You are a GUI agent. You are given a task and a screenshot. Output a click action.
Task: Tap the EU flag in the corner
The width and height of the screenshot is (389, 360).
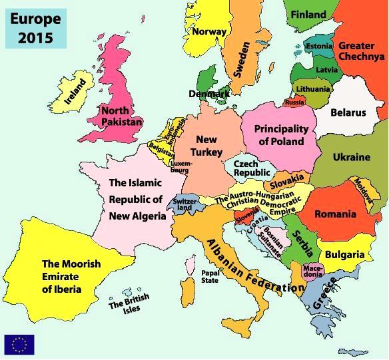[19, 343]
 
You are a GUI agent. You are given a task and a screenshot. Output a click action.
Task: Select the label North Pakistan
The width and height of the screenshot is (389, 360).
[121, 116]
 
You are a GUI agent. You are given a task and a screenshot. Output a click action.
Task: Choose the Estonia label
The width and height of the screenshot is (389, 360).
[318, 46]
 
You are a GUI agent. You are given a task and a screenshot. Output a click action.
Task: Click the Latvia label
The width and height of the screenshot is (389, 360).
[326, 69]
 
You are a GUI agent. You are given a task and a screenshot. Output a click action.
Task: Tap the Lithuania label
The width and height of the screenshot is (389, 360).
[312, 89]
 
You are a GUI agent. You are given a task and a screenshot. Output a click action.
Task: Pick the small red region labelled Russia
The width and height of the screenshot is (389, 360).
[294, 102]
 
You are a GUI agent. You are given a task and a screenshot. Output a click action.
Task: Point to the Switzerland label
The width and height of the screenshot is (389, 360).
[183, 204]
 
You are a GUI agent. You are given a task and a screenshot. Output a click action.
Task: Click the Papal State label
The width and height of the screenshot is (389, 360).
[209, 276]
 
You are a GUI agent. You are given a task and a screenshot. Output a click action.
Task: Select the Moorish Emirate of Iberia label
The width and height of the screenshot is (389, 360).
[71, 276]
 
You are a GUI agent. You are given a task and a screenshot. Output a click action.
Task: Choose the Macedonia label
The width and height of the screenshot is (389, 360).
[312, 271]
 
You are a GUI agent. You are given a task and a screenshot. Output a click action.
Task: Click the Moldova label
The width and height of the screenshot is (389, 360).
[363, 190]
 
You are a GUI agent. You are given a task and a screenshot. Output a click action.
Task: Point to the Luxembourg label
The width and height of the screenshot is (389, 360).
[181, 166]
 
